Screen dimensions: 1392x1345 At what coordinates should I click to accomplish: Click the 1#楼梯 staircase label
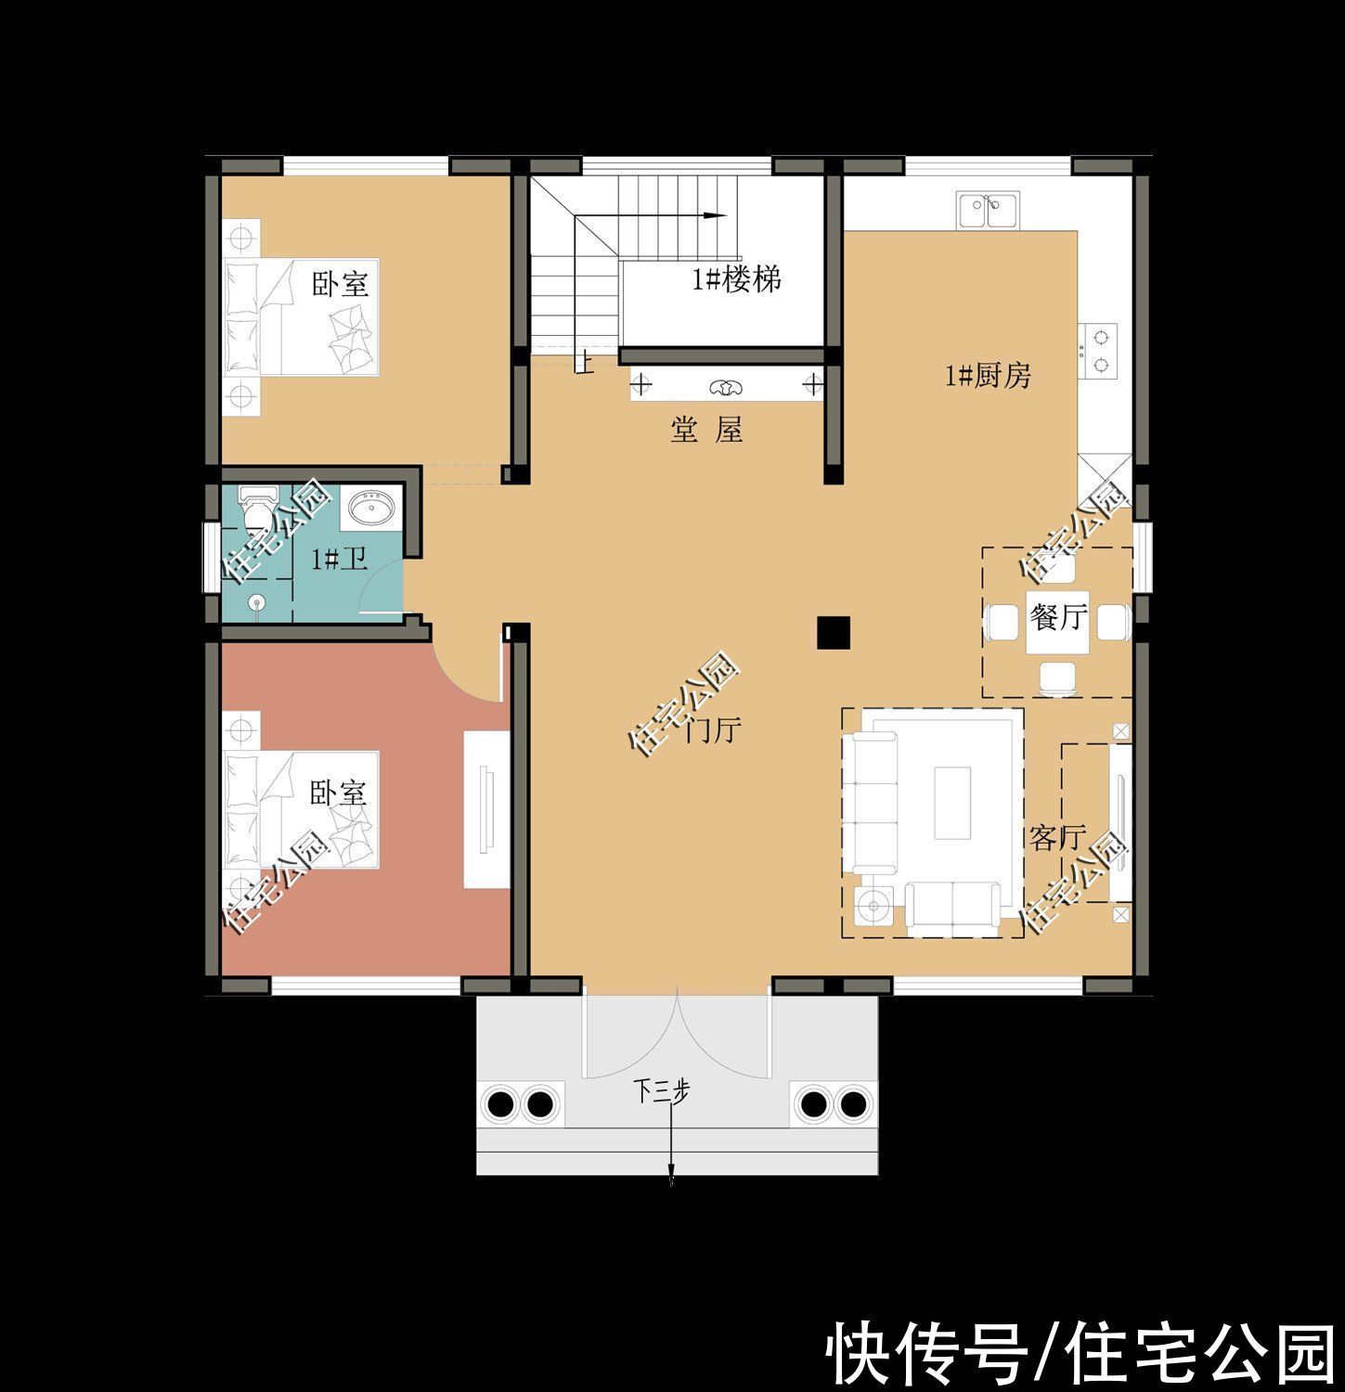[x=737, y=278]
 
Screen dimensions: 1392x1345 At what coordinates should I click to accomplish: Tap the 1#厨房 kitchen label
[x=988, y=376]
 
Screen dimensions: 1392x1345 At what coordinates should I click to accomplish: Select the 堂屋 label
[x=706, y=430]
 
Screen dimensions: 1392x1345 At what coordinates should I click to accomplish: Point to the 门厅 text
[x=712, y=730]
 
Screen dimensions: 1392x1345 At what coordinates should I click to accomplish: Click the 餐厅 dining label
[x=1057, y=615]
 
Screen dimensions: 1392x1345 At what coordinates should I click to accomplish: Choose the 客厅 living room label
[x=1056, y=837]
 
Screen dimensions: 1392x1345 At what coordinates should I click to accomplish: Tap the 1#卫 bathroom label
[x=339, y=559]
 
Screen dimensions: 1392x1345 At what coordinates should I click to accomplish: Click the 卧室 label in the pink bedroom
[x=338, y=792]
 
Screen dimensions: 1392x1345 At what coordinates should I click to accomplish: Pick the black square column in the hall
[x=833, y=632]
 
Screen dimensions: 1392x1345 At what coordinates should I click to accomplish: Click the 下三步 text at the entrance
[x=662, y=1091]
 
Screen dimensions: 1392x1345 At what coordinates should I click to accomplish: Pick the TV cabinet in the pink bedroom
[x=486, y=809]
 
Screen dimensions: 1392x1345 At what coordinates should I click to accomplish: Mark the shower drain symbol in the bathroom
[x=256, y=604]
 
